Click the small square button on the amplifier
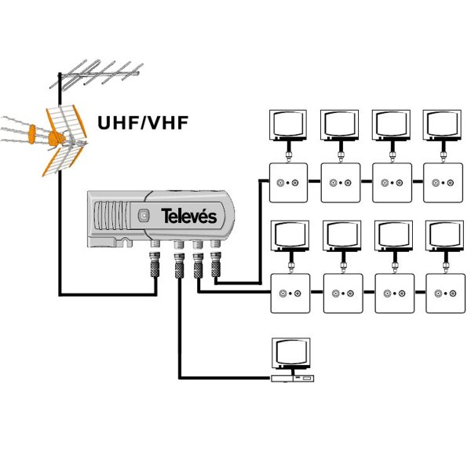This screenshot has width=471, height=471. (x=143, y=216)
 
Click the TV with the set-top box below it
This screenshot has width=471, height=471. (x=290, y=354)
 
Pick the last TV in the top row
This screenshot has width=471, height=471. (x=443, y=124)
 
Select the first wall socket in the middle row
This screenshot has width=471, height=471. (x=290, y=294)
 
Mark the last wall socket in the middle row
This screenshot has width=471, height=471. (x=444, y=294)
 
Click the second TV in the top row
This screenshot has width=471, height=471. (x=340, y=124)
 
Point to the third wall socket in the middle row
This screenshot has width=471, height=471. (x=393, y=294)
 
